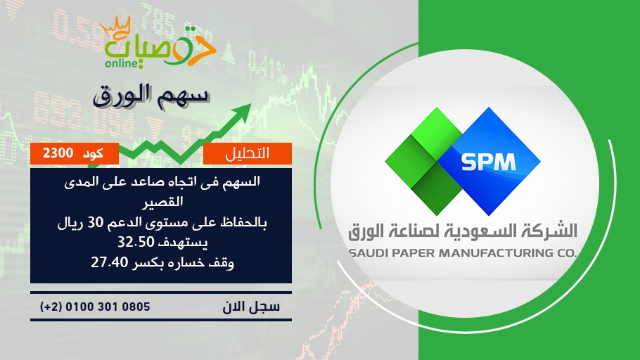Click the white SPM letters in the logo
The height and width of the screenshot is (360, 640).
[x=488, y=162]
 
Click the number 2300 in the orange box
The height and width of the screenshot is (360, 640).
[x=58, y=153]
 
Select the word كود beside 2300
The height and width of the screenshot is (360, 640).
[x=93, y=153]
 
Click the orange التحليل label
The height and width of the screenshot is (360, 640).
[x=248, y=153]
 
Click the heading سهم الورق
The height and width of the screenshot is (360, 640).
[x=151, y=96]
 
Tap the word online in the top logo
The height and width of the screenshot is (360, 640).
[x=122, y=63]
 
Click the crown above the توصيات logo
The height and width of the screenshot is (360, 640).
[x=115, y=27]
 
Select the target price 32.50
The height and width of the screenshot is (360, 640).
[x=136, y=243]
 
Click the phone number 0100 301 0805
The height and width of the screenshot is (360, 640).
[x=108, y=307]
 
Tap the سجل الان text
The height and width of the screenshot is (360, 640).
[x=251, y=307]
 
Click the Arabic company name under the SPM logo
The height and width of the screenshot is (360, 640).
[x=463, y=231]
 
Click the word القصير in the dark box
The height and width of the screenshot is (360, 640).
[x=162, y=202]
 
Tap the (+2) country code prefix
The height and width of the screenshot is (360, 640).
[x=51, y=307]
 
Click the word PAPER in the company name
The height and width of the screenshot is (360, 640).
[x=413, y=253]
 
